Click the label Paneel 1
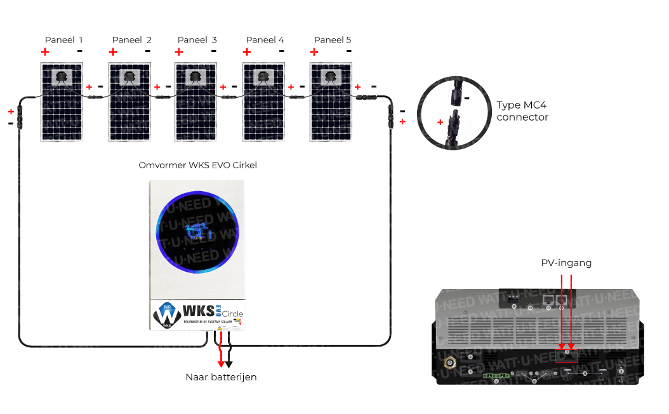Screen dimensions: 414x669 [63, 40]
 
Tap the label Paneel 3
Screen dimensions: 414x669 [197, 40]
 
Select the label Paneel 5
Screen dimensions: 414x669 [333, 40]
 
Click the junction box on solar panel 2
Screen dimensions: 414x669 [129, 77]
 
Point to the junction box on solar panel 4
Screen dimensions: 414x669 [263, 77]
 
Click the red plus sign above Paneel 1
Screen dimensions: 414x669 [45, 51]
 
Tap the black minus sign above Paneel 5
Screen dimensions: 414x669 [348, 51]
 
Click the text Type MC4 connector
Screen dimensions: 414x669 [522, 110]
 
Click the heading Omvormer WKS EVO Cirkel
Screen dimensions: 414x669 [197, 165]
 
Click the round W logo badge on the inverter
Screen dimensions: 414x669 [167, 315]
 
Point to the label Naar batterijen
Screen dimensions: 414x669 [221, 377]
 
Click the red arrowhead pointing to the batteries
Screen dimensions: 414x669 [221, 364]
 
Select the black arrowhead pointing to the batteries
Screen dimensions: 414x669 [229, 364]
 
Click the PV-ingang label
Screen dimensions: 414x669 [566, 263]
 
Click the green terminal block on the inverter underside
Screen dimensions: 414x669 [496, 376]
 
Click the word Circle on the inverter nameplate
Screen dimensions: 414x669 [232, 314]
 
